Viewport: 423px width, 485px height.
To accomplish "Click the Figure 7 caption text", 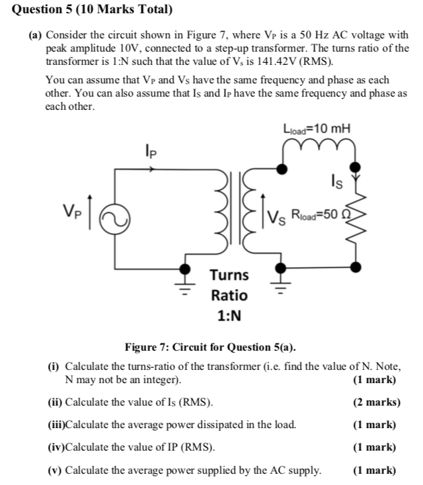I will click(x=211, y=347).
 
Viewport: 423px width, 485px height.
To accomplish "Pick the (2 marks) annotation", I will click(x=377, y=402).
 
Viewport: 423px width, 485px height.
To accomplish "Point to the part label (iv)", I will click(x=56, y=447).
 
